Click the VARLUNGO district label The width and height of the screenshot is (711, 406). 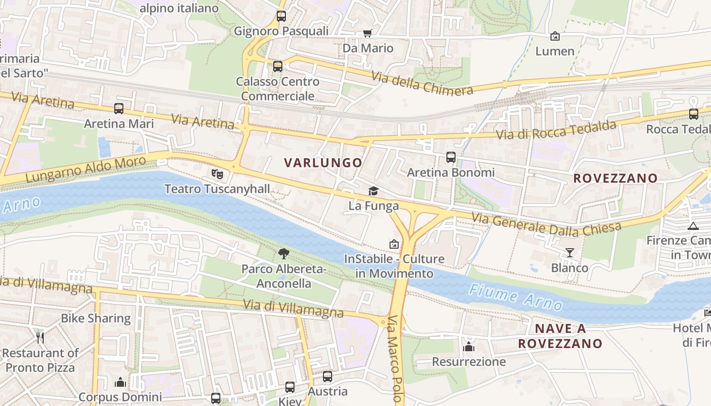(323, 163)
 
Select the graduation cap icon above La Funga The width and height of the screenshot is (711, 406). (374, 191)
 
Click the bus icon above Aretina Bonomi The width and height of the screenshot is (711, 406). (451, 157)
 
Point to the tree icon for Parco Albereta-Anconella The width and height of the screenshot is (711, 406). (284, 253)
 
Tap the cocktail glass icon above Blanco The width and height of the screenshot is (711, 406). (569, 252)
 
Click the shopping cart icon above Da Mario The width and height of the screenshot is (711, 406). (367, 33)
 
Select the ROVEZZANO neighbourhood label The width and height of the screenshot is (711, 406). (615, 178)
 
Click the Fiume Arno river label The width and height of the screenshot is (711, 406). (515, 297)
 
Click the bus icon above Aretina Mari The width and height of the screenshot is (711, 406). (119, 109)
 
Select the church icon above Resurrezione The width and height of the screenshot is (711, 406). (469, 347)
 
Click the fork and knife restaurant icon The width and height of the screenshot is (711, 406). (40, 337)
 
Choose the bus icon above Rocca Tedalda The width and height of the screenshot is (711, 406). (694, 114)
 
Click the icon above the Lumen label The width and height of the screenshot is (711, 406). (555, 36)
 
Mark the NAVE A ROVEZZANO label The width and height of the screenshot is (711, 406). (560, 336)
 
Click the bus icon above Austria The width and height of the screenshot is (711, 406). (328, 377)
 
